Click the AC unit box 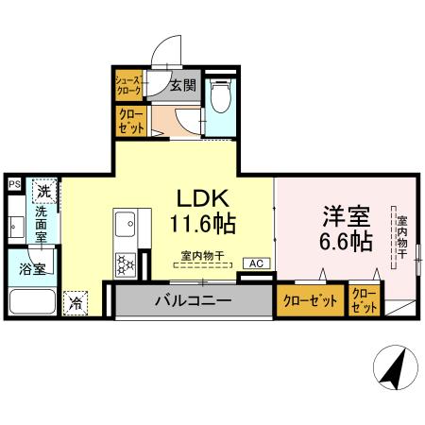[255, 263]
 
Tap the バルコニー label [194, 301]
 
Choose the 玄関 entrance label [182, 86]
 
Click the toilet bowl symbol [219, 96]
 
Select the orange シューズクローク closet [127, 87]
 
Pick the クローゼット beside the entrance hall [129, 122]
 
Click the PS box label [14, 185]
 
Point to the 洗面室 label [42, 226]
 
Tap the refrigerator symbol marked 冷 [75, 304]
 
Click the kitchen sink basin [126, 227]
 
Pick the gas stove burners [125, 263]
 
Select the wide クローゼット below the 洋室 [310, 301]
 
